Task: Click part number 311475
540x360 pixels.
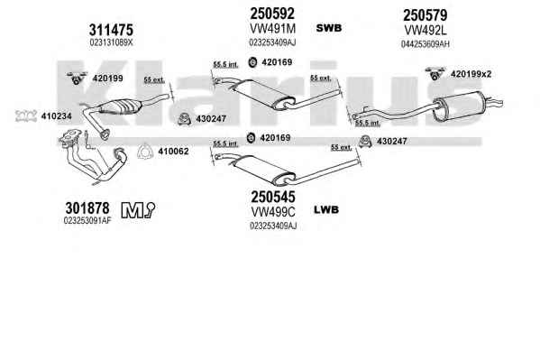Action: point(111,30)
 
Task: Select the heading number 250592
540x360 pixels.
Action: point(272,14)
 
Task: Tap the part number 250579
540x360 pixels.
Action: point(425,15)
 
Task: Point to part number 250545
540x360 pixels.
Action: point(273,198)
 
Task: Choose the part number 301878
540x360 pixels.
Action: point(87,208)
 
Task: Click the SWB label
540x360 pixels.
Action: point(329,28)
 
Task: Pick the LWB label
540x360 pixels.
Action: point(326,209)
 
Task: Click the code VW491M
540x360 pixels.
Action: point(272,29)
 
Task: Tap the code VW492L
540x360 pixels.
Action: point(425,31)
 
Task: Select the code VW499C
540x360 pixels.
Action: point(273,212)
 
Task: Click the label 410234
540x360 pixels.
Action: point(57,116)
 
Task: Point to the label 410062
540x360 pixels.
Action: point(173,152)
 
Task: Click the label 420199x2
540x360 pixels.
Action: point(471,74)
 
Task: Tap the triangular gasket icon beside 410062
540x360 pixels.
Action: point(144,151)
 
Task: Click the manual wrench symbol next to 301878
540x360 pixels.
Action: point(138,209)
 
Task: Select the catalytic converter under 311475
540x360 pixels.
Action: point(120,106)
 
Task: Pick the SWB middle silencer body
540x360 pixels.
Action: point(264,95)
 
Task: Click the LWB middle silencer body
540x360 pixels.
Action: point(264,170)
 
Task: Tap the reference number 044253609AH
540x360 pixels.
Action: point(425,44)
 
